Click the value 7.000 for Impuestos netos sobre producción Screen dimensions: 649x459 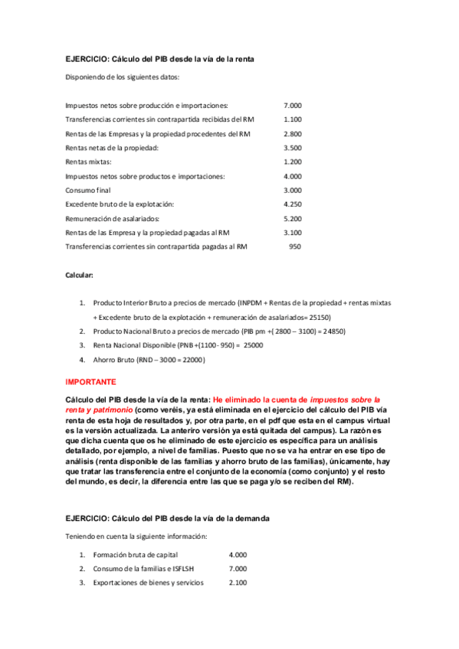coord(293,106)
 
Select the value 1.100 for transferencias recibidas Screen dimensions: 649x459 coord(293,119)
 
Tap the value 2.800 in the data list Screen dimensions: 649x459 coord(293,134)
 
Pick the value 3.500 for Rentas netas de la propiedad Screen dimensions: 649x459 coord(293,148)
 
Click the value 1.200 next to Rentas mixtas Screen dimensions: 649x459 coord(293,162)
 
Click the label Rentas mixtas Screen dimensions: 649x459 coord(88,162)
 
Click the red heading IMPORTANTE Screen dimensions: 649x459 coord(90,381)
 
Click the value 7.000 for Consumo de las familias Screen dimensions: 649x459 coord(238,569)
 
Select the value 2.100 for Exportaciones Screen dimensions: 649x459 coord(238,583)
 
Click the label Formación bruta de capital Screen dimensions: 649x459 coord(135,554)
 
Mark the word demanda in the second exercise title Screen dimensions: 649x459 coord(251,518)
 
